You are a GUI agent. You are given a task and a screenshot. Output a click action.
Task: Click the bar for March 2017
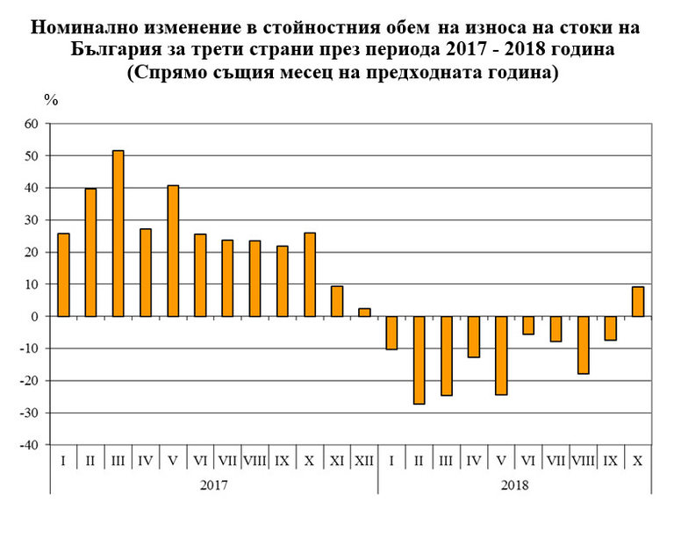click(x=118, y=233)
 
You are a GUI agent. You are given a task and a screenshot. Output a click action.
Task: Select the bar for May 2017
click(x=172, y=251)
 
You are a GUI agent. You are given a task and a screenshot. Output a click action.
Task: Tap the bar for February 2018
click(x=419, y=360)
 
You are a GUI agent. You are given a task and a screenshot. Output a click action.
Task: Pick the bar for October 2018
click(x=638, y=301)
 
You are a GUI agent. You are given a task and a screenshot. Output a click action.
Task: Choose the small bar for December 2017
click(x=364, y=312)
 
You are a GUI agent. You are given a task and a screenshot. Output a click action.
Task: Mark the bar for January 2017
click(x=63, y=275)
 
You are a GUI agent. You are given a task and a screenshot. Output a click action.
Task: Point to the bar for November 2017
click(x=337, y=301)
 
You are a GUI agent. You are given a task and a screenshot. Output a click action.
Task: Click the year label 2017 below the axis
click(x=213, y=484)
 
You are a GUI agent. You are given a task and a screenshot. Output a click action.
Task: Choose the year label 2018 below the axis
click(x=514, y=484)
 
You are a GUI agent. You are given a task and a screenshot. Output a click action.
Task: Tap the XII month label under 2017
click(x=364, y=461)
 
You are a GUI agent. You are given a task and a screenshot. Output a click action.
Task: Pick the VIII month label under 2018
click(x=584, y=461)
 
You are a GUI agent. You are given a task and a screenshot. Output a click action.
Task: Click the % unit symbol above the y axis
click(x=51, y=100)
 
